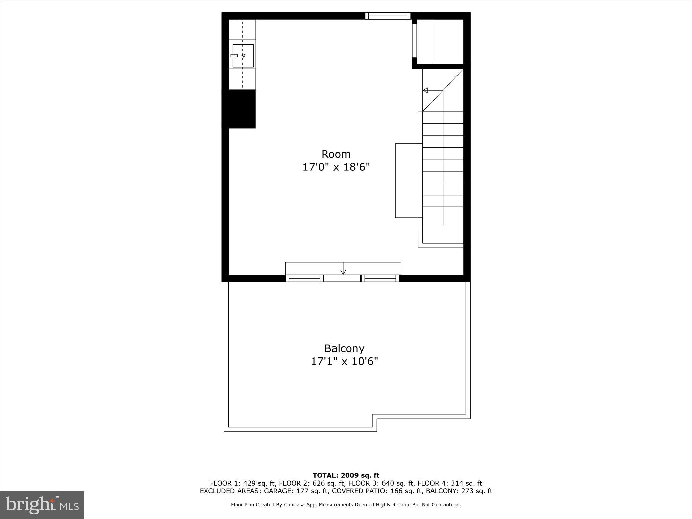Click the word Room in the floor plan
pos(336,154)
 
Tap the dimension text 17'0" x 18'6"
pos(336,167)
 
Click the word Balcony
pos(344,348)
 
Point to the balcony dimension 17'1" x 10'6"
pos(344,362)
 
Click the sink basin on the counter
pos(243,56)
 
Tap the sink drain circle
pos(243,56)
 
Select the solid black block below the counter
pos(242,109)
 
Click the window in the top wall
pos(388,16)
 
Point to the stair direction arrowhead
pos(425,90)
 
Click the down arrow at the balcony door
pos(343,271)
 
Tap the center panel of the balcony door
pos(342,278)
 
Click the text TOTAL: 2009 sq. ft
pos(346,476)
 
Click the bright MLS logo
pos(42,505)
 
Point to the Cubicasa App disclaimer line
pos(346,505)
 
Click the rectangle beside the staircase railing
pos(409,180)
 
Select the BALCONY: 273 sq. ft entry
pos(459,491)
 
